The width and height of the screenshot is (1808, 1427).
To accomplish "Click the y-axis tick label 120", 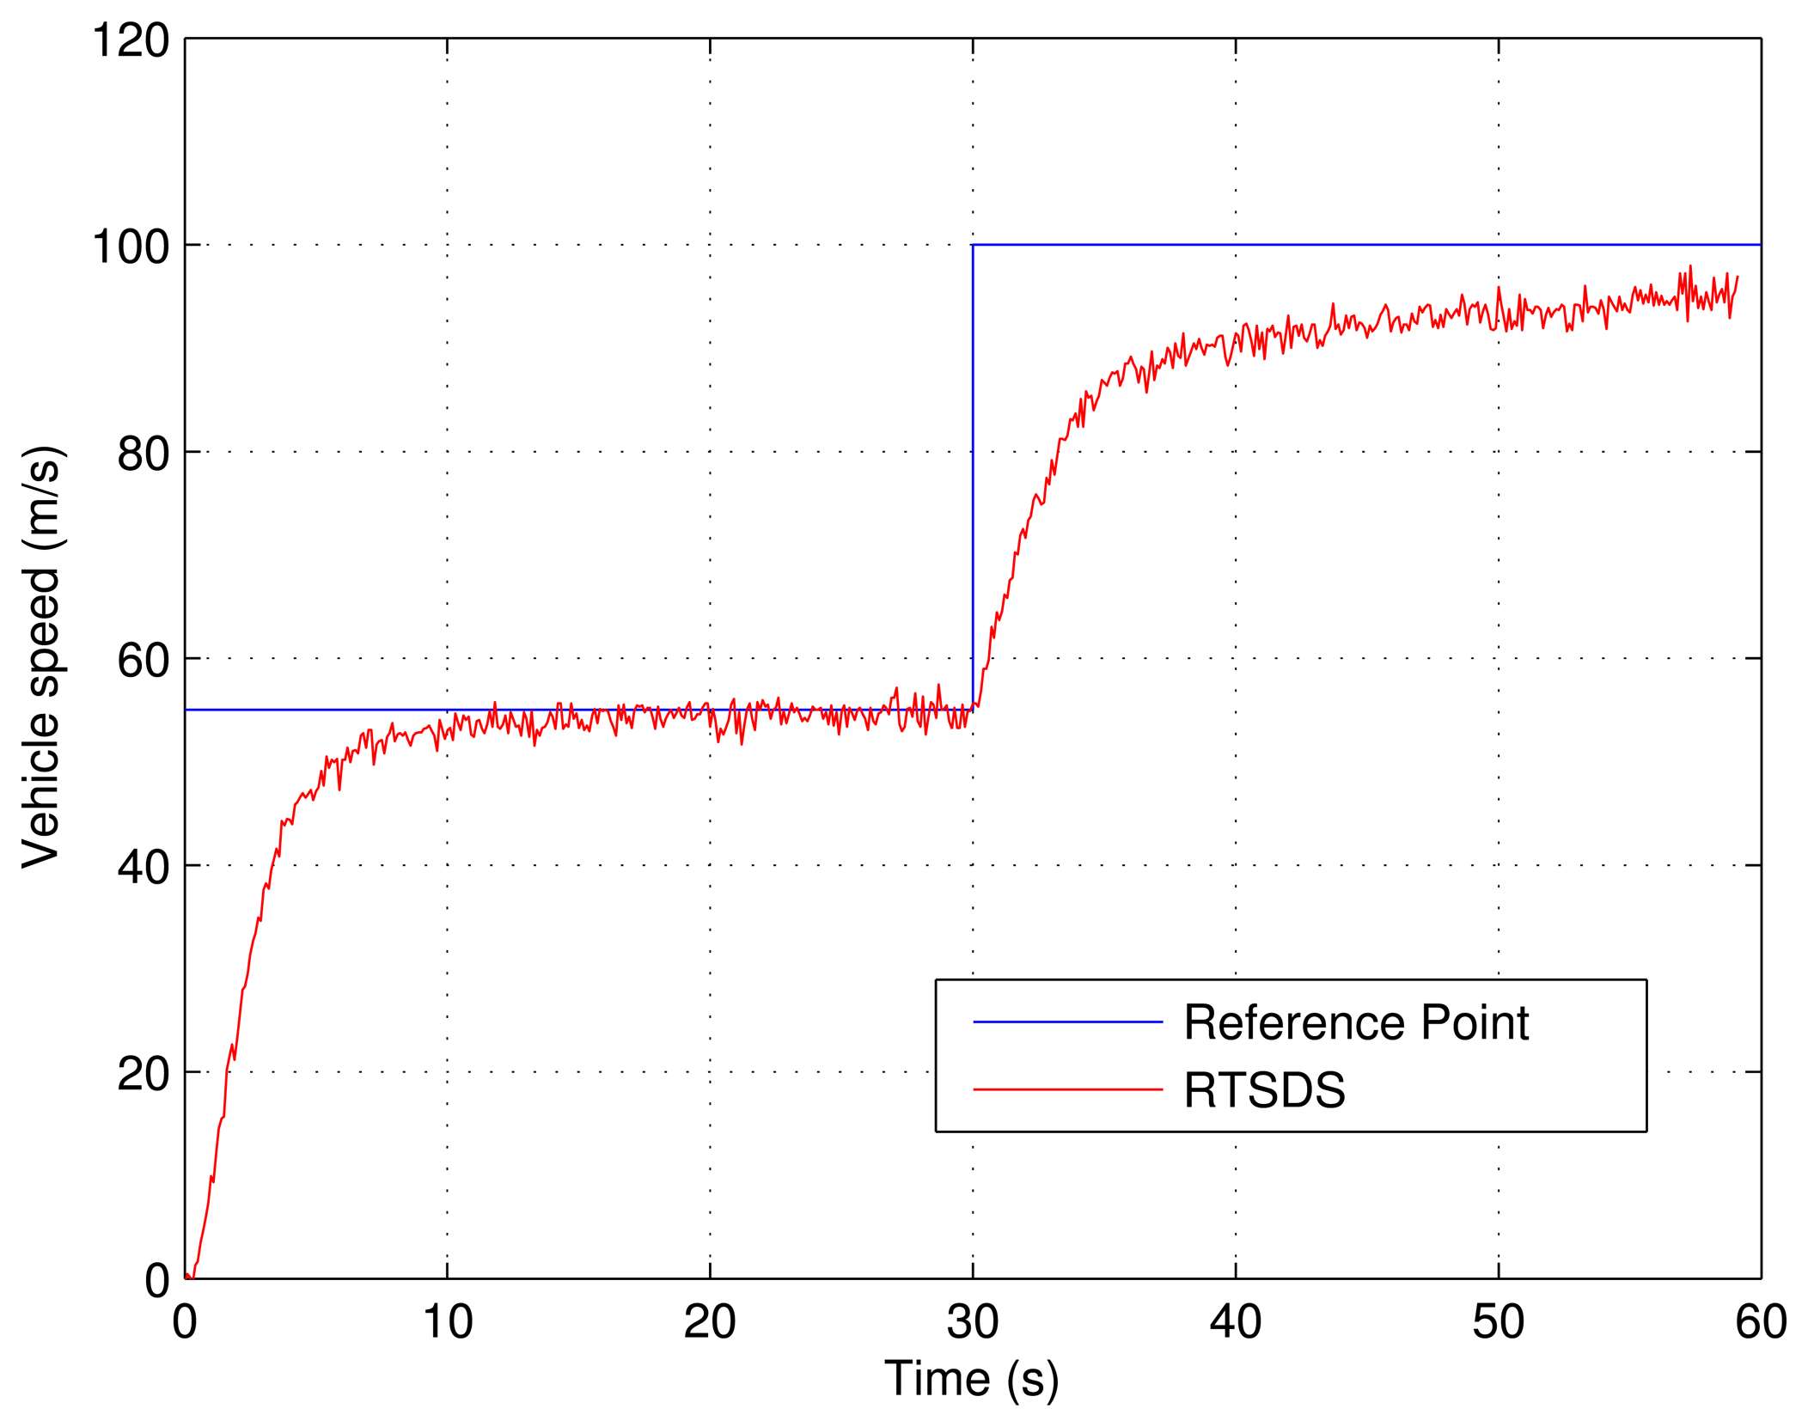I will click(x=131, y=40).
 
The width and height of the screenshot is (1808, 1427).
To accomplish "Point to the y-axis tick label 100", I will click(x=131, y=247).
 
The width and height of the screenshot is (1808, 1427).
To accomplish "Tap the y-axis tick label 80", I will click(x=144, y=453).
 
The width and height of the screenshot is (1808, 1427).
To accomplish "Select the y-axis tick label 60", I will click(x=144, y=660).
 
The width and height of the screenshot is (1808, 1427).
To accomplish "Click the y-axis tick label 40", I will click(x=144, y=867).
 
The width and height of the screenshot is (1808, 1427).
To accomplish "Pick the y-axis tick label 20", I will click(x=144, y=1073).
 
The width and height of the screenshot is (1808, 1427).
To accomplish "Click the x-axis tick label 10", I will click(x=447, y=1321).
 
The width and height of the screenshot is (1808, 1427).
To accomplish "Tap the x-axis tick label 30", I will click(x=972, y=1321).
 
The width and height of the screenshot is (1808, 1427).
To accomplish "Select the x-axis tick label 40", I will click(x=1235, y=1321).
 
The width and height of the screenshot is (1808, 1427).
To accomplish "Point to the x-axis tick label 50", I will click(x=1498, y=1321).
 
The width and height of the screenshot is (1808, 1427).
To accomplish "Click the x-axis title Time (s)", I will click(x=971, y=1379).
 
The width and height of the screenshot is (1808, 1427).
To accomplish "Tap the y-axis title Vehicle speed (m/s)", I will click(x=41, y=657).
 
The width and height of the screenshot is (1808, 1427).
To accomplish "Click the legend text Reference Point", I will click(x=1355, y=1022).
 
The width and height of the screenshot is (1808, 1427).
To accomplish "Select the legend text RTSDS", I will click(x=1264, y=1090).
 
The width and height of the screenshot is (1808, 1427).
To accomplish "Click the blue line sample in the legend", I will click(x=1067, y=1022).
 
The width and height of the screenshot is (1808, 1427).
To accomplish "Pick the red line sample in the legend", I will click(x=1067, y=1090).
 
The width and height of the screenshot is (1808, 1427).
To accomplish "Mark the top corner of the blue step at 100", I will click(x=973, y=245).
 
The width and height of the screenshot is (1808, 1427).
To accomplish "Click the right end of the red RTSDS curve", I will click(x=1738, y=277).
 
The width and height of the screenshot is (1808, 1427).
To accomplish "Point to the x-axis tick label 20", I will click(x=709, y=1321).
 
